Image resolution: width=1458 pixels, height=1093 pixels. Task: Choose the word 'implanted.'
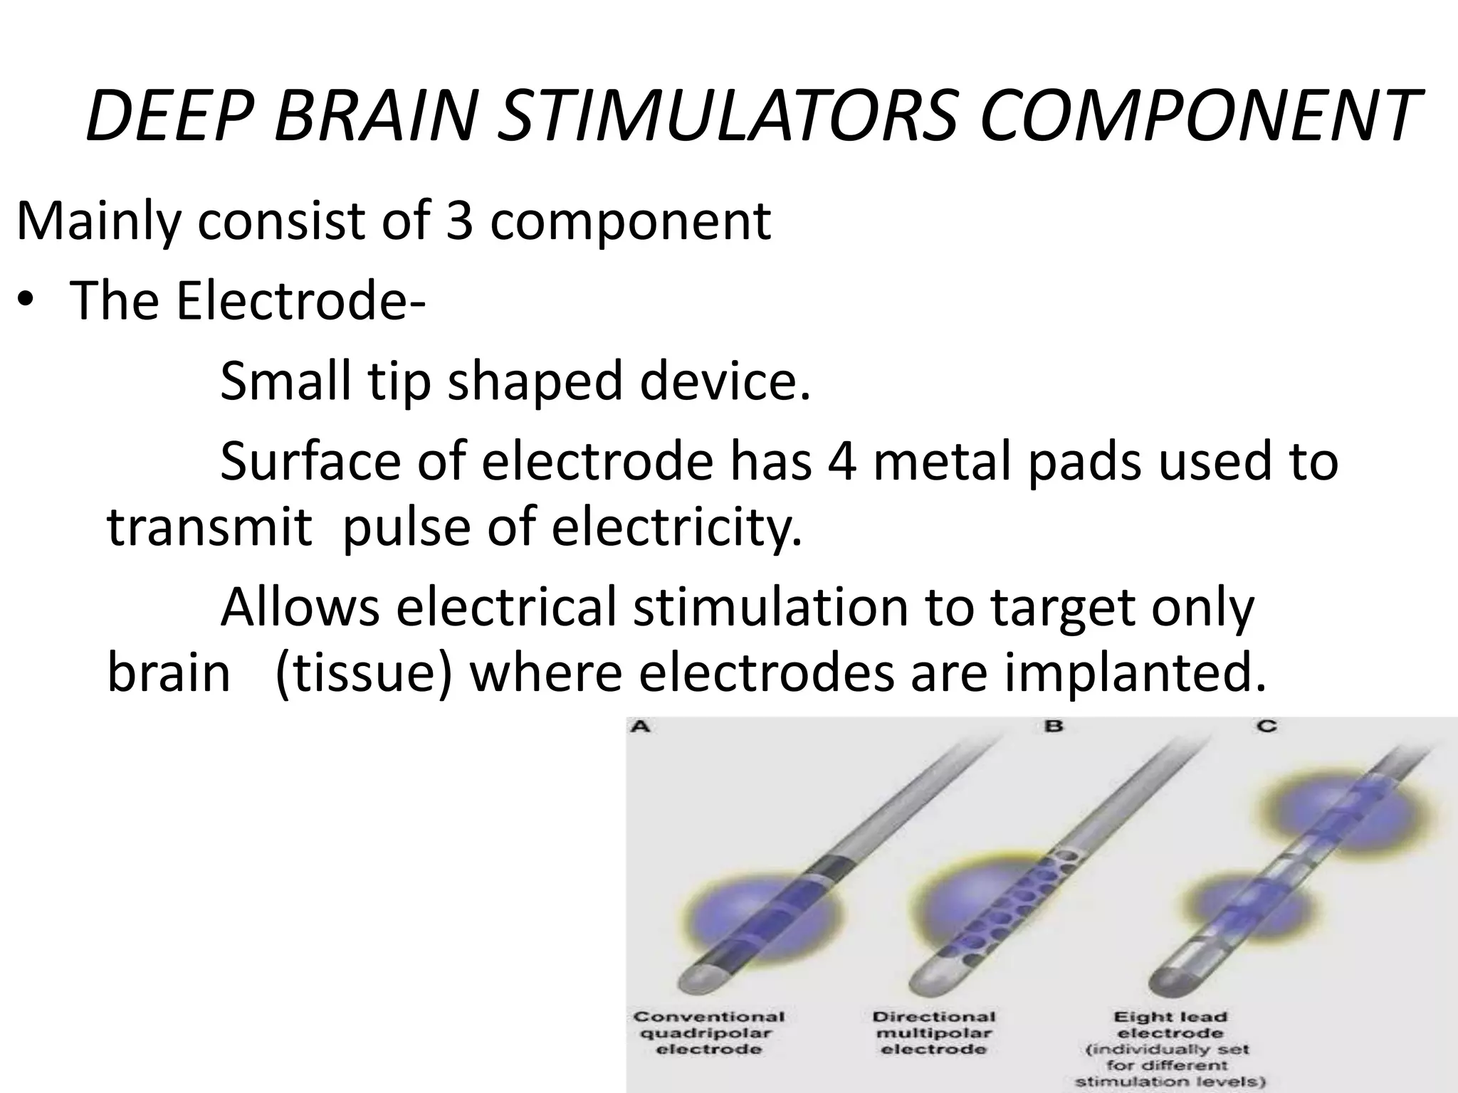(x=1136, y=672)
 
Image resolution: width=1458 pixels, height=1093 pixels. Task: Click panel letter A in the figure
(x=639, y=727)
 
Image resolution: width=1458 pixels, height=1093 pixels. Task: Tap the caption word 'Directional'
(x=934, y=1017)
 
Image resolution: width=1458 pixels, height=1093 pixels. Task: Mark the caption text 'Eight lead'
(x=1170, y=1017)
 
